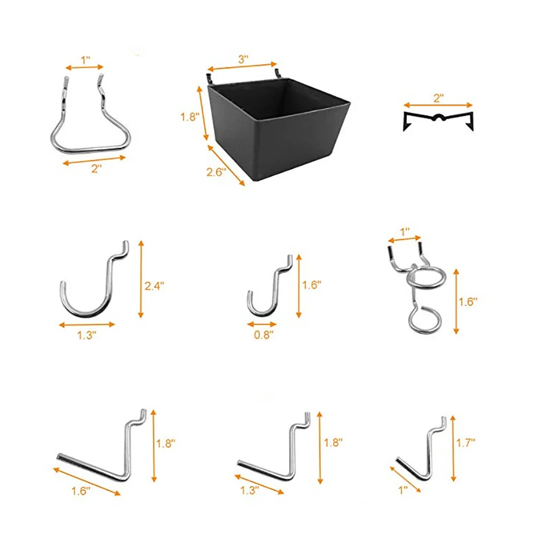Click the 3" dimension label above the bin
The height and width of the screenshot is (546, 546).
coord(242,59)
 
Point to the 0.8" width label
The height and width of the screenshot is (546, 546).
coord(263,336)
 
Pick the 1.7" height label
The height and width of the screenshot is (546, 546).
coord(465,443)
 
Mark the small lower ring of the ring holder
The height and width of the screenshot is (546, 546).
coord(424,319)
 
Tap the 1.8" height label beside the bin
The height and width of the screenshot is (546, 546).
coord(189,116)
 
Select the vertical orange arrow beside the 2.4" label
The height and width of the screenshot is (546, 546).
coord(141,279)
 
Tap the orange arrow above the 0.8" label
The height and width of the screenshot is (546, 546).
coord(262,324)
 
